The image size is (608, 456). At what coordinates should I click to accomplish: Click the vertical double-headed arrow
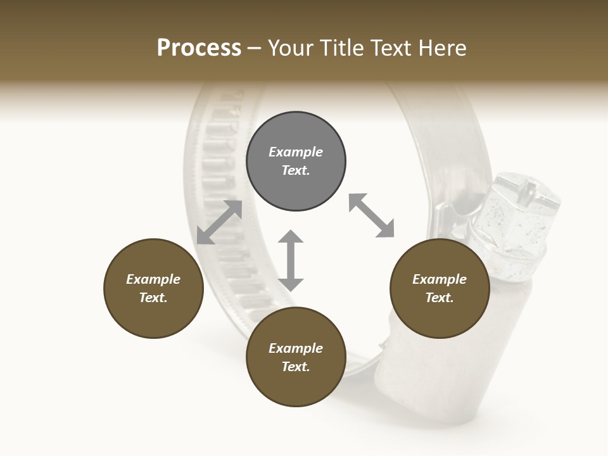pos(291,260)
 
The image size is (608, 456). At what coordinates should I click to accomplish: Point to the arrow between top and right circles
pos(371,215)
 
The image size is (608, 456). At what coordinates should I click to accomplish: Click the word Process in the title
pos(199,48)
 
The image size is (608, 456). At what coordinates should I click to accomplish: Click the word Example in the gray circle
pos(296,152)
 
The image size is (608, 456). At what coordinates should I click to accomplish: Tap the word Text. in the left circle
pos(153,298)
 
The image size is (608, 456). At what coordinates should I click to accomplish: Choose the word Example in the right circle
pos(440,279)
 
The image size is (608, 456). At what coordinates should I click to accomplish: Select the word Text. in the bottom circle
pos(296,367)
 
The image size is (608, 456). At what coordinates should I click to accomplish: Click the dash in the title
pos(255,48)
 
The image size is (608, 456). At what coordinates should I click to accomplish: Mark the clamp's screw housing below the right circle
pos(405,374)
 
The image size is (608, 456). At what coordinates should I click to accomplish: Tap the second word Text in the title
pos(391,48)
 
